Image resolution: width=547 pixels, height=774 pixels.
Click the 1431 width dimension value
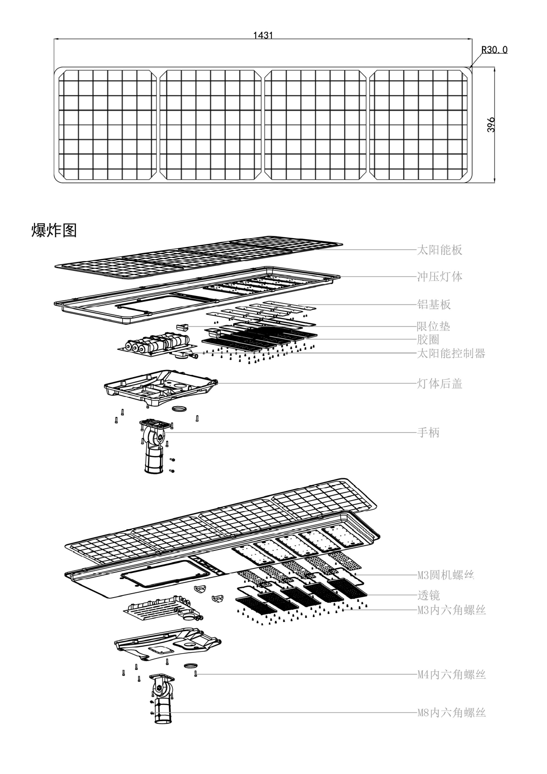[263, 35]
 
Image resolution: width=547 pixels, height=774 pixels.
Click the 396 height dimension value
[491, 125]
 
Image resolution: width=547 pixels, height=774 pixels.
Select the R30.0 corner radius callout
[494, 50]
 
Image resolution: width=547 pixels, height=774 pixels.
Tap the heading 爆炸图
[54, 230]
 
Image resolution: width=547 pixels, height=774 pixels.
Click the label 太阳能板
[439, 250]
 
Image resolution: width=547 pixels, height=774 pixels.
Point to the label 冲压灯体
[439, 277]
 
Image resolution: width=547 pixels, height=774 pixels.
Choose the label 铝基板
[434, 304]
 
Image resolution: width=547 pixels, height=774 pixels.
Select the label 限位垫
[434, 326]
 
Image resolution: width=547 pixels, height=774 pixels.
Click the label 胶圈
[428, 340]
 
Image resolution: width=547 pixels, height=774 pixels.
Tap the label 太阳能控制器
[451, 353]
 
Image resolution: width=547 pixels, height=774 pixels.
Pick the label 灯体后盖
[439, 384]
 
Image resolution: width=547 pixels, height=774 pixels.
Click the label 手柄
[428, 433]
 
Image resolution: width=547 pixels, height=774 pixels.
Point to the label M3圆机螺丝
[446, 575]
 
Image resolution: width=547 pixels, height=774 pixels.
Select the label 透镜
[428, 595]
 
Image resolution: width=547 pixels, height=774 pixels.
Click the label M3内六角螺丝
[451, 610]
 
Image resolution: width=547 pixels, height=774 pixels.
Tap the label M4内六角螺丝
[451, 674]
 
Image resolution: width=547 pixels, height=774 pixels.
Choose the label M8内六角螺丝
[451, 713]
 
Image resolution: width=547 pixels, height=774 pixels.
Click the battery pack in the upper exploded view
[156, 344]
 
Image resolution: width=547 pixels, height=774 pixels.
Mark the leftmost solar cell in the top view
[108, 125]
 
